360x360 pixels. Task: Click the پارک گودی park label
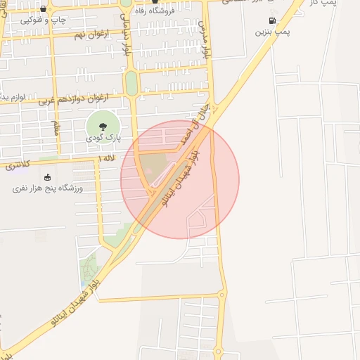pyautogui.click(x=103, y=139)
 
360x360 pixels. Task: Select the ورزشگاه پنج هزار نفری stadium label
pyautogui.click(x=49, y=188)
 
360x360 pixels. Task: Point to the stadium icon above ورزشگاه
pyautogui.click(x=48, y=177)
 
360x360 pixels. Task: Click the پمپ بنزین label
pyautogui.click(x=271, y=32)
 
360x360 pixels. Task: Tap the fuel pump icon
pyautogui.click(x=271, y=21)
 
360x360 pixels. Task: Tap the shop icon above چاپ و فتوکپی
pyautogui.click(x=44, y=9)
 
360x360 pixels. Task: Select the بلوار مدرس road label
pyautogui.click(x=205, y=42)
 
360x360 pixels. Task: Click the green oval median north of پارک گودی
pyautogui.click(x=131, y=83)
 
